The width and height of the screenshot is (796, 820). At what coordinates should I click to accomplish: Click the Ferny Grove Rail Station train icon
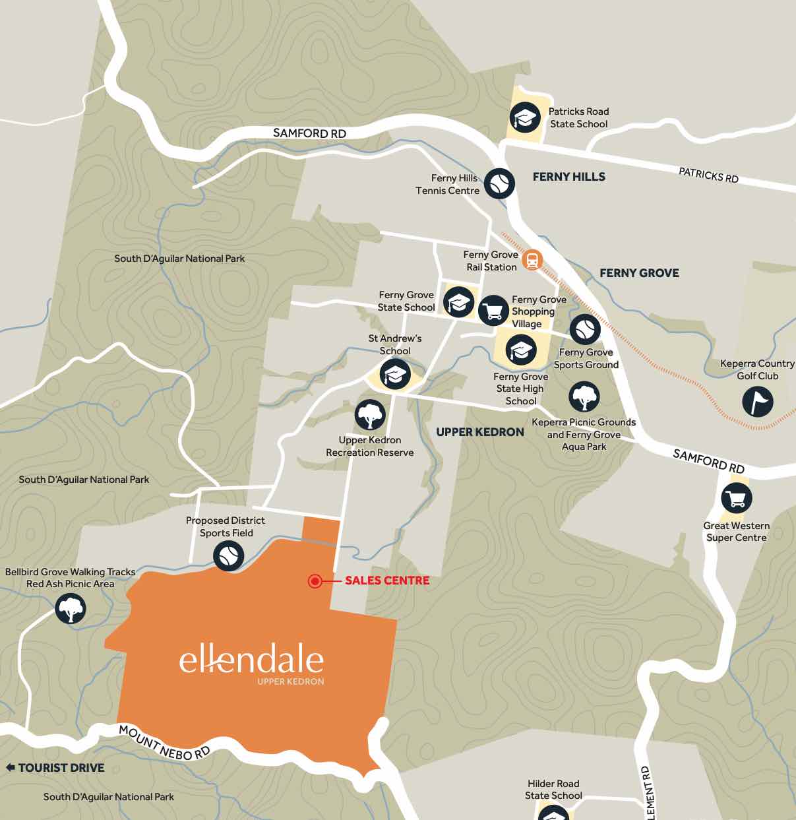532,260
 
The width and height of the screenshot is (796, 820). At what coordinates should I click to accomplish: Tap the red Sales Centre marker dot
315,581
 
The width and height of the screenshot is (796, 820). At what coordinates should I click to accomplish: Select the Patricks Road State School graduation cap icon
525,118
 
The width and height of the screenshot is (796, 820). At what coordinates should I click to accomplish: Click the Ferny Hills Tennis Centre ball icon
499,183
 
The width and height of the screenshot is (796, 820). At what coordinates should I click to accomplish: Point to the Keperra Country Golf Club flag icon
757,401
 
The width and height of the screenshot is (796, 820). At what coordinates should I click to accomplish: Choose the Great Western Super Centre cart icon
736,498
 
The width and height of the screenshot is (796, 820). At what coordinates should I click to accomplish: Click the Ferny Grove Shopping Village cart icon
493,310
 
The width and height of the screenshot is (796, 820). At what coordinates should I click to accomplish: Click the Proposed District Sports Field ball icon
228,555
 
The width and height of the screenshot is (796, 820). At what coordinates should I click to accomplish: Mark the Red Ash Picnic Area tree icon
71,608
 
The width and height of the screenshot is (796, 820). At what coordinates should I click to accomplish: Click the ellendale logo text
251,660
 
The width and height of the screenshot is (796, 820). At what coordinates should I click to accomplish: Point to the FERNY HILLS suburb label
568,177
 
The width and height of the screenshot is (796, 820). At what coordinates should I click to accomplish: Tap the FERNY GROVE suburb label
638,273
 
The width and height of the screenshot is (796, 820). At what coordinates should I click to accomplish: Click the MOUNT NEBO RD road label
164,743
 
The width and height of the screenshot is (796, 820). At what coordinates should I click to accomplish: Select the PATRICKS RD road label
708,175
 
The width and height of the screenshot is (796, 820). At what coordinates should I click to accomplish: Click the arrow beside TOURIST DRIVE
10,768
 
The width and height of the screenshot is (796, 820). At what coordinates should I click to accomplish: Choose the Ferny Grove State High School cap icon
521,350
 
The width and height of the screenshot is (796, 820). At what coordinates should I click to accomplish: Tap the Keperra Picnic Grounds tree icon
584,397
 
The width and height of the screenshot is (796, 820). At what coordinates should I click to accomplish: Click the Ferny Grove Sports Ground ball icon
585,329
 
